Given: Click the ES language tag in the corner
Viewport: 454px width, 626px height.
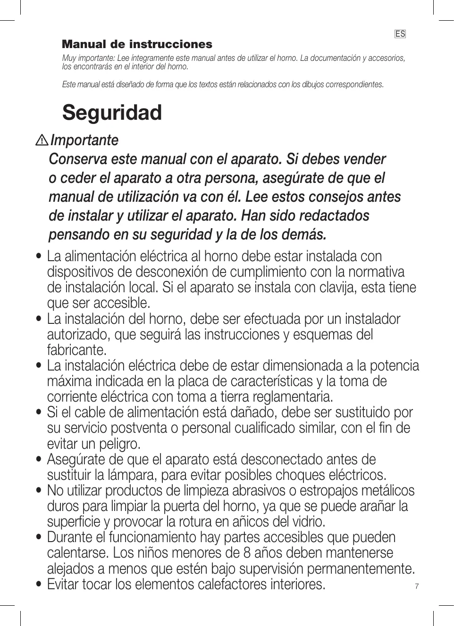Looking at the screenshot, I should point(400,34).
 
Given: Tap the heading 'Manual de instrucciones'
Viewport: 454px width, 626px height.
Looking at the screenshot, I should point(137,44).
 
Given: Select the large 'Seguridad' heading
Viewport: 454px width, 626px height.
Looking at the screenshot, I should point(112,113).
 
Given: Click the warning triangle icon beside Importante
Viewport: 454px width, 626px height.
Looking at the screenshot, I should point(42,140).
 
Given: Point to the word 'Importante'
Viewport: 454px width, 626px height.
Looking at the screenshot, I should point(84,140).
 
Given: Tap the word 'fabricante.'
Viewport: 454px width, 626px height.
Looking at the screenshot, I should point(77,350).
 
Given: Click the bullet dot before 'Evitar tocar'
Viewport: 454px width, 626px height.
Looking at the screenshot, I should point(39,585).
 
